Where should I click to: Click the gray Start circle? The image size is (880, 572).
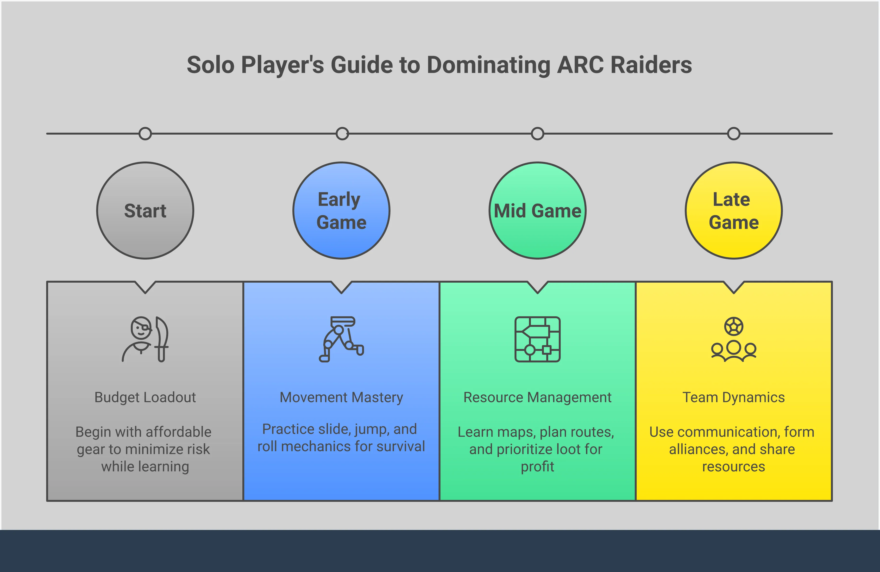click(145, 211)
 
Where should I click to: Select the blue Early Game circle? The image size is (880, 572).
click(341, 211)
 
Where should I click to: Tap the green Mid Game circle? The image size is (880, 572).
click(538, 211)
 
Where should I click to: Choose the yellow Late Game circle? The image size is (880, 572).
click(734, 211)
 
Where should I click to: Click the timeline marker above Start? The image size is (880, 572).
click(145, 133)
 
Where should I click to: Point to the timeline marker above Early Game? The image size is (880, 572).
click(342, 133)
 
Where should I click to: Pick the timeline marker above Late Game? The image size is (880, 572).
click(734, 133)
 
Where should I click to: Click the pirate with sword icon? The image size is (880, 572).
click(145, 339)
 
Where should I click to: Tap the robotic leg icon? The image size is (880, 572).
click(341, 339)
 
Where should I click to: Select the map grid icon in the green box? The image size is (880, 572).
click(538, 339)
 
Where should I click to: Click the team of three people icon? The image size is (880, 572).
click(734, 339)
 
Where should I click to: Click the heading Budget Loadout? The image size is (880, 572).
click(145, 397)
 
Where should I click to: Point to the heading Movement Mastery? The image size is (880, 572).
click(341, 397)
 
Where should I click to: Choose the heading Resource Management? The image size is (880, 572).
click(538, 397)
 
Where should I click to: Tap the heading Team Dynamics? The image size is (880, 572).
click(734, 397)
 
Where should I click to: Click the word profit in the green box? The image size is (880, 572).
click(538, 467)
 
